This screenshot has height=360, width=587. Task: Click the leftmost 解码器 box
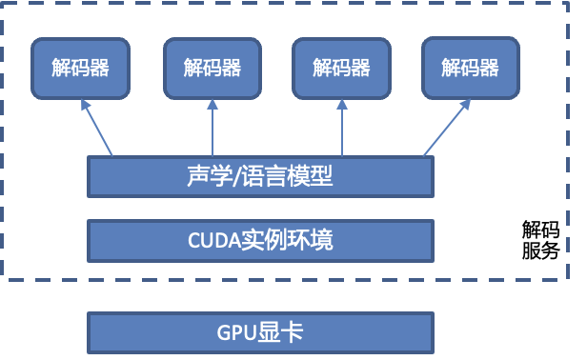click(x=80, y=69)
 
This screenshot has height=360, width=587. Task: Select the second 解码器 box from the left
click(x=213, y=69)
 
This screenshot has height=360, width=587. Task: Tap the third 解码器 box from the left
click(x=341, y=69)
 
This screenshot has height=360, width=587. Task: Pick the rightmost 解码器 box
click(x=471, y=68)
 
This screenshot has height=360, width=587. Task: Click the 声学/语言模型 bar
click(x=260, y=176)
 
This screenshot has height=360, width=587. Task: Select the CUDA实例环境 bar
click(x=260, y=240)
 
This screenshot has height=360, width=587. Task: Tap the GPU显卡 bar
click(x=260, y=331)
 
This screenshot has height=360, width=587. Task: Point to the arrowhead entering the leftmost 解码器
click(x=86, y=106)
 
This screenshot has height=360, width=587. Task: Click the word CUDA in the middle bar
click(x=213, y=240)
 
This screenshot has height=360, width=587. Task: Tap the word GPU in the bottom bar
click(x=233, y=331)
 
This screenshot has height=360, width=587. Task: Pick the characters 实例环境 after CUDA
click(x=287, y=240)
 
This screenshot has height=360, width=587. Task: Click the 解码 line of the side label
click(x=540, y=230)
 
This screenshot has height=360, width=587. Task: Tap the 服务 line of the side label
click(x=540, y=251)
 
